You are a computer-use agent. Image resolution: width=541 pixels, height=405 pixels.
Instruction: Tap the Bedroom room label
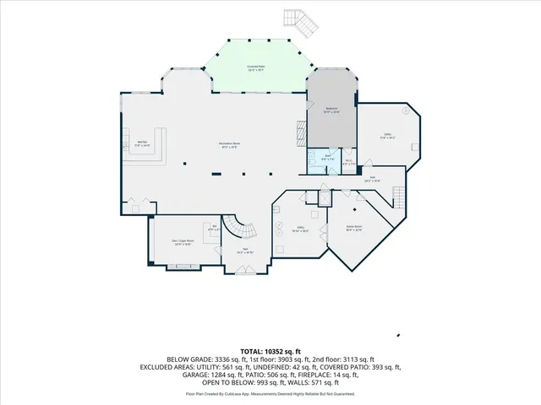[x=332, y=110]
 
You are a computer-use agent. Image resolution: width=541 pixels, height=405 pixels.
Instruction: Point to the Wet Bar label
[x=143, y=143]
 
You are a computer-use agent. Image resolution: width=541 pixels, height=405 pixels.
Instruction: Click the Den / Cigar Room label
[x=184, y=242]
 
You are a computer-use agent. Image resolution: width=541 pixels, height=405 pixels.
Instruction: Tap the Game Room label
[x=354, y=228]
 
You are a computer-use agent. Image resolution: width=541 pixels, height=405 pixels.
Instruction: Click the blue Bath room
[x=326, y=158]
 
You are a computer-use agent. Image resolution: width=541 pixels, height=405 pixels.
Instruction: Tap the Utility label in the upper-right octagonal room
[x=387, y=136]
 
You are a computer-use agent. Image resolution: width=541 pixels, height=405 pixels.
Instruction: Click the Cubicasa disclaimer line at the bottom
[x=270, y=394]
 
